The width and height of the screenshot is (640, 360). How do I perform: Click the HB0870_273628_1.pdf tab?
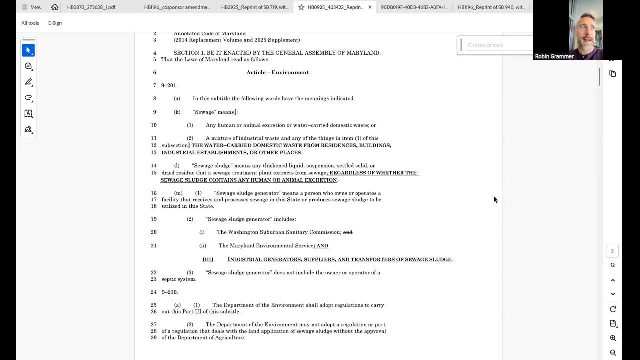tap(91, 7)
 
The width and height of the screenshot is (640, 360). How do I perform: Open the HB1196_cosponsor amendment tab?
tap(177, 7)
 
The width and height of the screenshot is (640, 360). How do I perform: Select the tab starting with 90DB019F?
tap(407, 7)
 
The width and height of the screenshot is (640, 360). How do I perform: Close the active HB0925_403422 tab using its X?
tap(370, 7)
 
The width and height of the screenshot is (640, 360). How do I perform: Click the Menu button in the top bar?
tap(31, 7)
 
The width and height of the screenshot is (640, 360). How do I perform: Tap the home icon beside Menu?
tap(55, 7)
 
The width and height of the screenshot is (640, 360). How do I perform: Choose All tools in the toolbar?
tap(30, 23)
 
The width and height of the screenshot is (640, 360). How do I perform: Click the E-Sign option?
tap(55, 23)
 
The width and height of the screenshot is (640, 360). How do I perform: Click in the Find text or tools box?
tap(495, 45)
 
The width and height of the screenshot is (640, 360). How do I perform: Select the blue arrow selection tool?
tap(28, 50)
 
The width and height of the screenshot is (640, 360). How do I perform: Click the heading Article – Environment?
tap(277, 72)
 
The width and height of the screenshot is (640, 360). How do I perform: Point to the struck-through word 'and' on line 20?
tap(348, 232)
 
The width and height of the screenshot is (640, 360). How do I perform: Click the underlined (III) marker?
tap(208, 259)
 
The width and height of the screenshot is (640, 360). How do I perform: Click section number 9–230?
tap(169, 292)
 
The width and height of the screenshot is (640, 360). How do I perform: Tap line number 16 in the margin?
tap(153, 193)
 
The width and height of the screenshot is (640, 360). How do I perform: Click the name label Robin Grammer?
tap(554, 56)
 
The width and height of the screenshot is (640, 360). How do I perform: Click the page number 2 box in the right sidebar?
tap(612, 251)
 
